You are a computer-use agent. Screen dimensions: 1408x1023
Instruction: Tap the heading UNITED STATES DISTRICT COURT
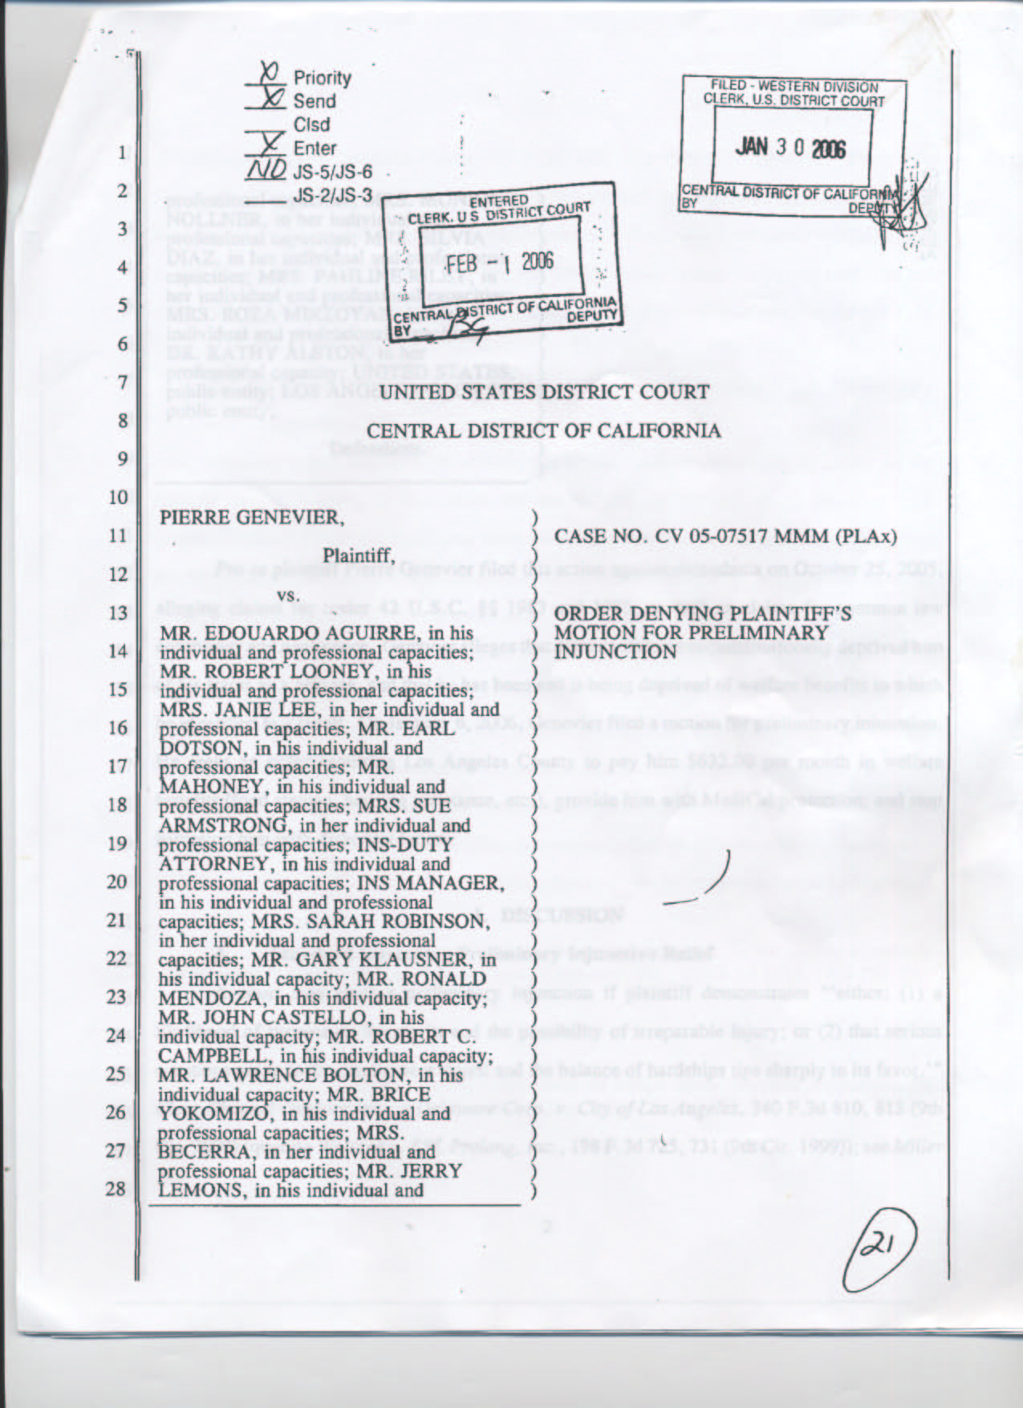[544, 393]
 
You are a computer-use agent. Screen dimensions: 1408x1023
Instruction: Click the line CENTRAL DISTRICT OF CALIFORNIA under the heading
[543, 431]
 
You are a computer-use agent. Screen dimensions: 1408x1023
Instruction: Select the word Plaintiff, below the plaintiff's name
[359, 555]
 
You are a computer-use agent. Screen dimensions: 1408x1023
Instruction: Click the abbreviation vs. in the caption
[287, 595]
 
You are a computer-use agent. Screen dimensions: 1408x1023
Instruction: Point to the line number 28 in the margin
[116, 1189]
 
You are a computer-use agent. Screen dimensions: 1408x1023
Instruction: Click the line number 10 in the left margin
[117, 497]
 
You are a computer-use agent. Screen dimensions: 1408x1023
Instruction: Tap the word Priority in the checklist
[323, 78]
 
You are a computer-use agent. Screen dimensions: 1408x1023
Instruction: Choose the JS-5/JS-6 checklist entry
[333, 172]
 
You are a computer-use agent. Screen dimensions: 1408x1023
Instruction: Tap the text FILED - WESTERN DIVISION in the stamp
[794, 87]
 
